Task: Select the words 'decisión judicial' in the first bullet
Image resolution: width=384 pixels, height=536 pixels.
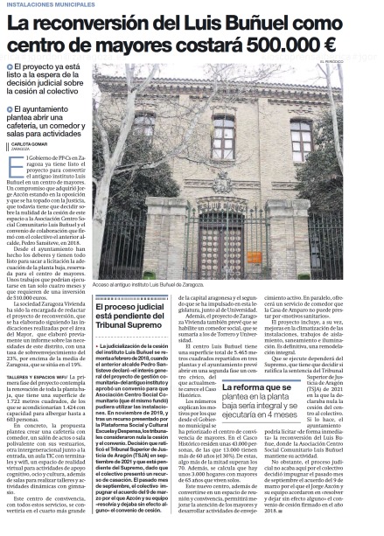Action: click(41, 86)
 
